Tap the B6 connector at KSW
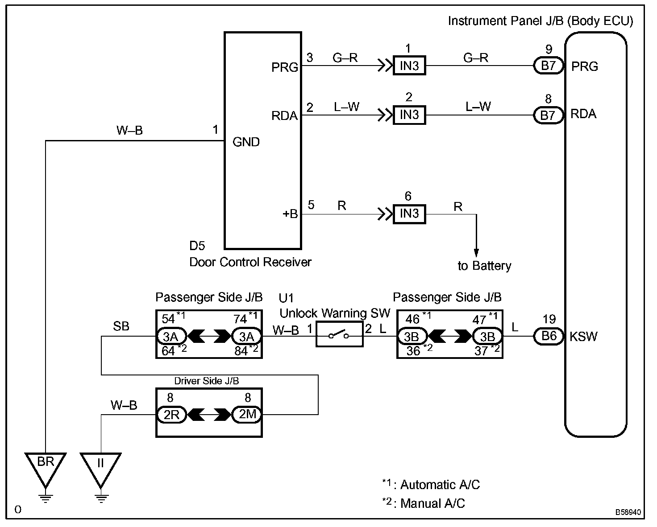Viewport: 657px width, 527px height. [x=549, y=336]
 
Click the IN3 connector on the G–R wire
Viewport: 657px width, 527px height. [x=409, y=66]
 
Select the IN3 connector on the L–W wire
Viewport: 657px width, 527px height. [x=409, y=115]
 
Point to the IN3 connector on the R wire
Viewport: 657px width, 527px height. [x=409, y=214]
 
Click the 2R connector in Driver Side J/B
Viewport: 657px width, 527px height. [x=171, y=415]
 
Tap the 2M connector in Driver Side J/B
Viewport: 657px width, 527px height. [x=247, y=415]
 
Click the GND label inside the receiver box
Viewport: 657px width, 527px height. [x=246, y=142]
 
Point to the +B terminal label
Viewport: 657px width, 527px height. [x=290, y=214]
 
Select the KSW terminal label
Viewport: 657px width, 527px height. [x=583, y=337]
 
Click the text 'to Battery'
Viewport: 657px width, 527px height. [x=484, y=266]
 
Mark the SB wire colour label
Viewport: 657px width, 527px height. [x=121, y=326]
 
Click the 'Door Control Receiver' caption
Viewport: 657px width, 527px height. [x=250, y=262]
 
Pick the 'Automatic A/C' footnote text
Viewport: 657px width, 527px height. [x=440, y=485]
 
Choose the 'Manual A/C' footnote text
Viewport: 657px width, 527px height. [x=432, y=504]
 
